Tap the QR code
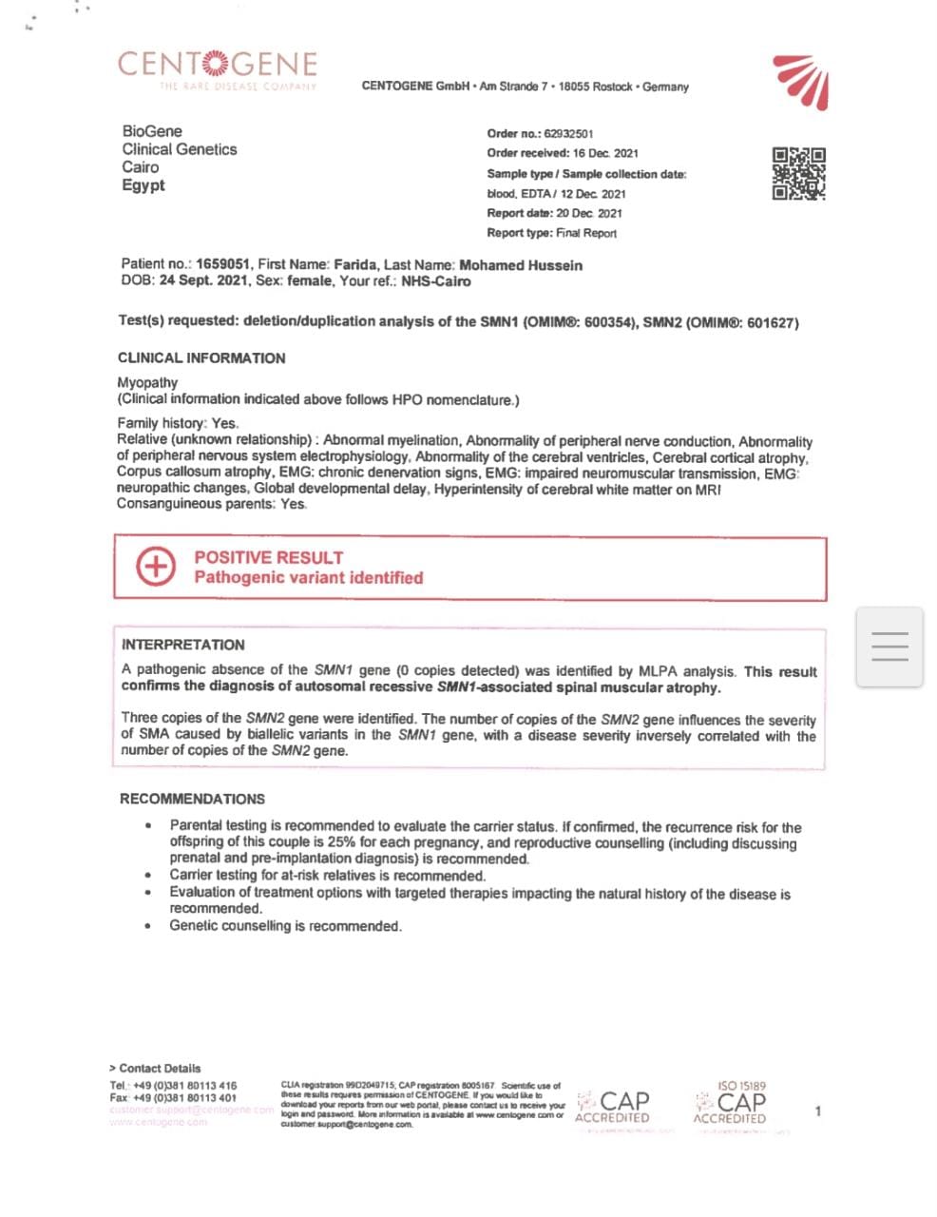pyautogui.click(x=798, y=173)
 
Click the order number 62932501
pyautogui.click(x=568, y=134)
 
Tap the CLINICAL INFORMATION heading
pyautogui.click(x=201, y=358)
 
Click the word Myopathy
pyautogui.click(x=147, y=382)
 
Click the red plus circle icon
pyautogui.click(x=156, y=567)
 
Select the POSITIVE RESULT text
pyautogui.click(x=268, y=558)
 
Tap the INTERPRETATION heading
pyautogui.click(x=182, y=645)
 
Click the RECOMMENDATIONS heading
pyautogui.click(x=192, y=799)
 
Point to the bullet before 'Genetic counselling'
pyautogui.click(x=147, y=926)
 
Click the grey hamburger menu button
pyautogui.click(x=889, y=647)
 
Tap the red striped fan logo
pyautogui.click(x=802, y=81)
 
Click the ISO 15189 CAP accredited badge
pyautogui.click(x=730, y=1104)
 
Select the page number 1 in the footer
pyautogui.click(x=818, y=1111)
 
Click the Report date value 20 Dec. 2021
pyautogui.click(x=589, y=213)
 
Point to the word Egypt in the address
pyautogui.click(x=143, y=185)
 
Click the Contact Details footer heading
pyautogui.click(x=155, y=1068)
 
